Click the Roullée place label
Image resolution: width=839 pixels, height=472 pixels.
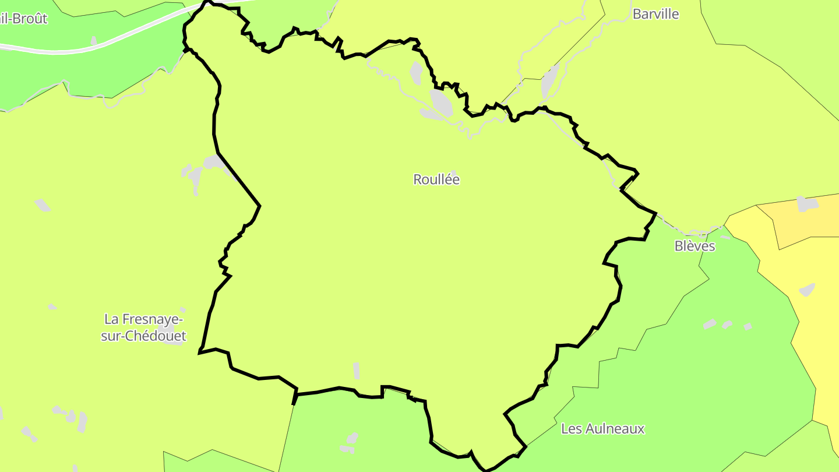click(x=436, y=179)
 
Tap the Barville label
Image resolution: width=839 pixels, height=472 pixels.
click(x=655, y=14)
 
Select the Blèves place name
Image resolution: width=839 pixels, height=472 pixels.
click(x=695, y=246)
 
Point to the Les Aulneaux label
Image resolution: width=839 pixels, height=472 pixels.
click(x=602, y=429)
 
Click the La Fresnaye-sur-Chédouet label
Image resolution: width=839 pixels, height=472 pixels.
click(x=143, y=327)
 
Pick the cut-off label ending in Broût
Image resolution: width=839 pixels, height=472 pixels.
click(x=23, y=18)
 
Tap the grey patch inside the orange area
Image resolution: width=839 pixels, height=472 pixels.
click(x=807, y=204)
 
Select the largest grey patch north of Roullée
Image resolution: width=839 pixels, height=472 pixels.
click(x=441, y=101)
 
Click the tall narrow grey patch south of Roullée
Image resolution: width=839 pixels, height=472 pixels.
click(x=356, y=371)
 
